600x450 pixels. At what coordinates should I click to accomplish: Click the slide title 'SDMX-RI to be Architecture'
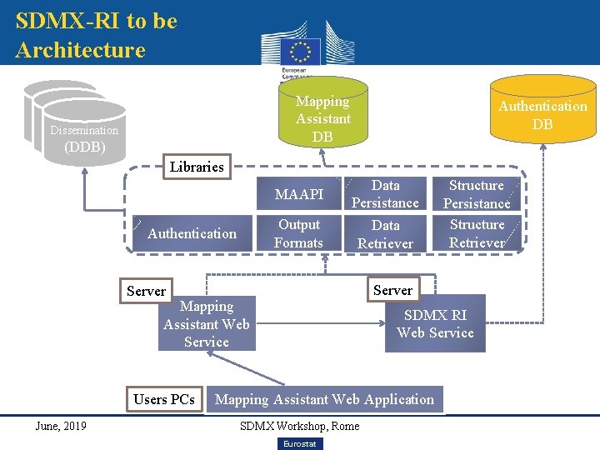96,35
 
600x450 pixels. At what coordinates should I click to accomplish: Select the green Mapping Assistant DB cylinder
322,114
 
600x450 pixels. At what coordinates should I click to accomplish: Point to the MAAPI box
298,195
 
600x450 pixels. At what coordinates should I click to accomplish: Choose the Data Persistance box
385,194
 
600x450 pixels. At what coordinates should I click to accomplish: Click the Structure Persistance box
477,194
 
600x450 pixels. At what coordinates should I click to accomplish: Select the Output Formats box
298,233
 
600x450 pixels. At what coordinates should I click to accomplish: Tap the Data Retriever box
385,234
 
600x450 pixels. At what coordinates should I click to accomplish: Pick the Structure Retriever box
477,233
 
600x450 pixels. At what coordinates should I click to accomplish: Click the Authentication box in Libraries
192,233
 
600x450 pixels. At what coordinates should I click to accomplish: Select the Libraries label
197,167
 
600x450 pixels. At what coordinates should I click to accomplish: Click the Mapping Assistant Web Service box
206,324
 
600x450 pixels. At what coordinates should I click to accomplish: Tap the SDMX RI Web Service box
434,324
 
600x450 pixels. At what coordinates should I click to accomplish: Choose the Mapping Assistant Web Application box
324,399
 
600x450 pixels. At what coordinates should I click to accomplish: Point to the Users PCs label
164,399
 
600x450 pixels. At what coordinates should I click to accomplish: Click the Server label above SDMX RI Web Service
392,290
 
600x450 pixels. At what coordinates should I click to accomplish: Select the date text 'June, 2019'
60,426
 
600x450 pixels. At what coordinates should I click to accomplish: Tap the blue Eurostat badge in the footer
299,443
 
